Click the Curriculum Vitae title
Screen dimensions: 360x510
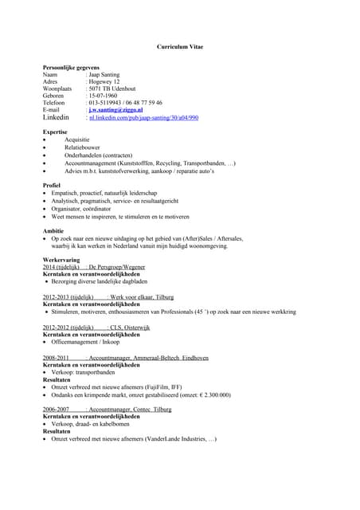tap(179, 48)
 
